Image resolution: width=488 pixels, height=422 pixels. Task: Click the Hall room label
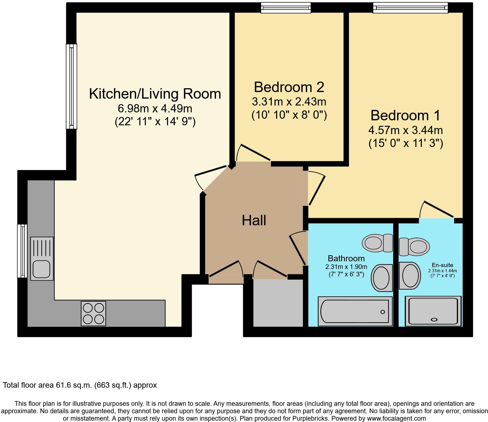tap(254, 220)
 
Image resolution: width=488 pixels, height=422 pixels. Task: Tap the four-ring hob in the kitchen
tap(93, 313)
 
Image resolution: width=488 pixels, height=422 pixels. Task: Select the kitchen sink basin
tap(41, 269)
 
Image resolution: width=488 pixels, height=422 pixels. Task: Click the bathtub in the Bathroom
tap(355, 311)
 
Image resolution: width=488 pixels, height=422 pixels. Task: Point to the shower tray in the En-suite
tap(433, 311)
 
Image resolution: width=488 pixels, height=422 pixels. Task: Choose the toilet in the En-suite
tap(414, 246)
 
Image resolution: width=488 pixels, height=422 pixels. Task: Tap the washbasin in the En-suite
tap(410, 275)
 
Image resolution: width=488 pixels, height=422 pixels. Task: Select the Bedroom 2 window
tap(286, 8)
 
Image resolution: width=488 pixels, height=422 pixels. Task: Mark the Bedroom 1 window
tap(411, 8)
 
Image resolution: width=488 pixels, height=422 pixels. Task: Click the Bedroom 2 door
tap(253, 153)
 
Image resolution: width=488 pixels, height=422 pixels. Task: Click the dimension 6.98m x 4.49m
tap(155, 109)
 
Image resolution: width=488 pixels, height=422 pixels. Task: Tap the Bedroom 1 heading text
tap(405, 115)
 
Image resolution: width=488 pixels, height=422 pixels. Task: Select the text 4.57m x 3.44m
tap(406, 130)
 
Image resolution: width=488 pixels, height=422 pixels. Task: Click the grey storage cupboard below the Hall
tap(278, 303)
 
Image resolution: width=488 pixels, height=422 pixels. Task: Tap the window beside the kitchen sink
tap(22, 251)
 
